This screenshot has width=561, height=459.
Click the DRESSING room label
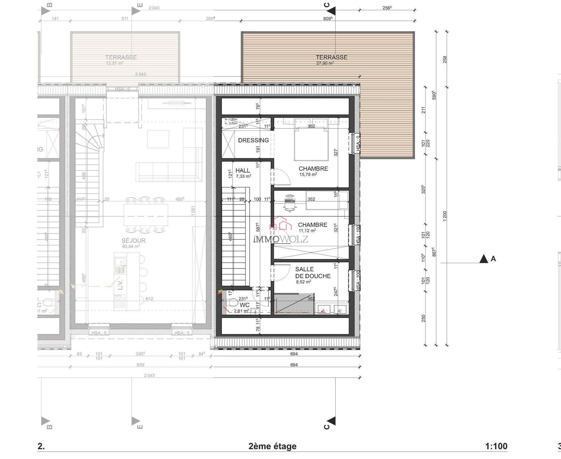coord(253,140)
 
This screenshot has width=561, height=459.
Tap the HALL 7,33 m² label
coord(243,173)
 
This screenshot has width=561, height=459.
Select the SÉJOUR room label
coord(133,241)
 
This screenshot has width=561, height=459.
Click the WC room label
coord(244,305)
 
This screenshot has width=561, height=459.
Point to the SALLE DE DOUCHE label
coord(313,273)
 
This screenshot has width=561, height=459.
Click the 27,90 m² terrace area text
coord(325,63)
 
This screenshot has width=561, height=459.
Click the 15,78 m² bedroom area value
coord(308,174)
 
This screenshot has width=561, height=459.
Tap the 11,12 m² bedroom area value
coord(307,231)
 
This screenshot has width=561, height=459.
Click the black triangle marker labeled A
coord(484,259)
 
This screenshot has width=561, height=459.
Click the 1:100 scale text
coord(496,446)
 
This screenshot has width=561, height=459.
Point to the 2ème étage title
coord(272,446)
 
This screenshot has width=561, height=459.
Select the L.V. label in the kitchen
coord(120,284)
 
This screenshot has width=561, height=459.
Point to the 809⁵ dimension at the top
coord(328,18)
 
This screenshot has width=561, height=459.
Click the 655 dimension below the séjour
coord(140,365)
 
